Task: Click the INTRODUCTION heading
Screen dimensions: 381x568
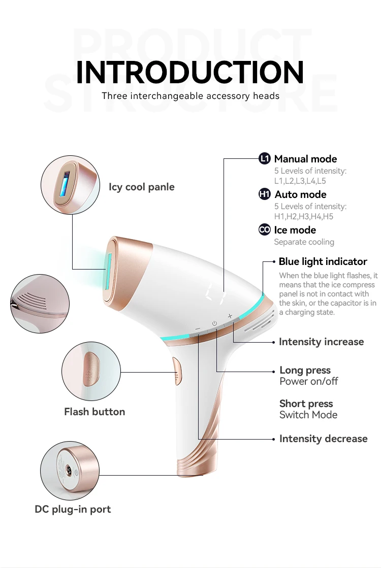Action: tap(190, 72)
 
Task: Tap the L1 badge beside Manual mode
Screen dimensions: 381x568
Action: tap(265, 159)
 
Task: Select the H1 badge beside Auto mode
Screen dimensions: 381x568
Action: tap(265, 194)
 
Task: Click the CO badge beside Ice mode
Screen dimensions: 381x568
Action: tap(265, 230)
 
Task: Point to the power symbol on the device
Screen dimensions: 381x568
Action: tap(214, 323)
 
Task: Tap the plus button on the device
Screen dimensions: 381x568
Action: tap(230, 316)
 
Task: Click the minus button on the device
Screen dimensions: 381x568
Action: tap(198, 329)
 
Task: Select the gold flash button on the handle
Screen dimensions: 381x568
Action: tap(177, 371)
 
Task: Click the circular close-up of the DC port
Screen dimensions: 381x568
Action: tap(69, 470)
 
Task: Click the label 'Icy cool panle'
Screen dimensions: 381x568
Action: tap(141, 187)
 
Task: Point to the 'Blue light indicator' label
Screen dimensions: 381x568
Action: tap(323, 262)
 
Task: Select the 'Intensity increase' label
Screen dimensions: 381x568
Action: tap(321, 342)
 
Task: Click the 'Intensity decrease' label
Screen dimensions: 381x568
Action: tap(323, 439)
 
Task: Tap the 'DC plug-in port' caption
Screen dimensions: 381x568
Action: tap(73, 509)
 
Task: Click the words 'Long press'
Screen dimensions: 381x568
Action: tap(305, 371)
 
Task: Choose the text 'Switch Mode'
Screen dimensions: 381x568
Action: tap(308, 415)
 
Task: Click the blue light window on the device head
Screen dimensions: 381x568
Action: tap(108, 271)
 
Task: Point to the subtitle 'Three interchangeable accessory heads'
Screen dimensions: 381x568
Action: tap(190, 96)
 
